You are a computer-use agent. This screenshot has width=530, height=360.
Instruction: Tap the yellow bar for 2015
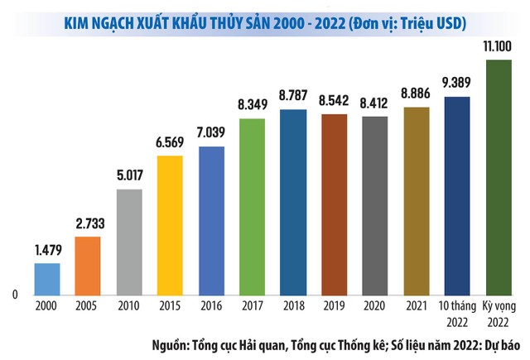(170, 224)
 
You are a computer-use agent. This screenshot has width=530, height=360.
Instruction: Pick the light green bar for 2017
(252, 206)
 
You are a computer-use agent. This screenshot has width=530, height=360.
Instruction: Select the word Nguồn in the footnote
(171, 343)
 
